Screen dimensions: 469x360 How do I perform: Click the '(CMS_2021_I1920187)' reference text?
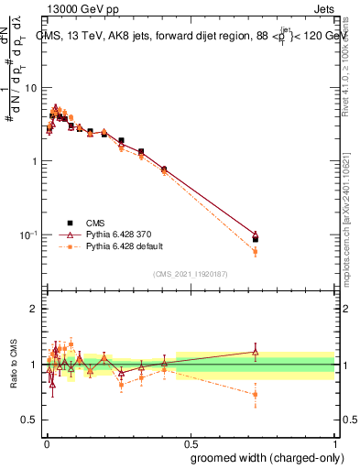pyautogui.click(x=191, y=272)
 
